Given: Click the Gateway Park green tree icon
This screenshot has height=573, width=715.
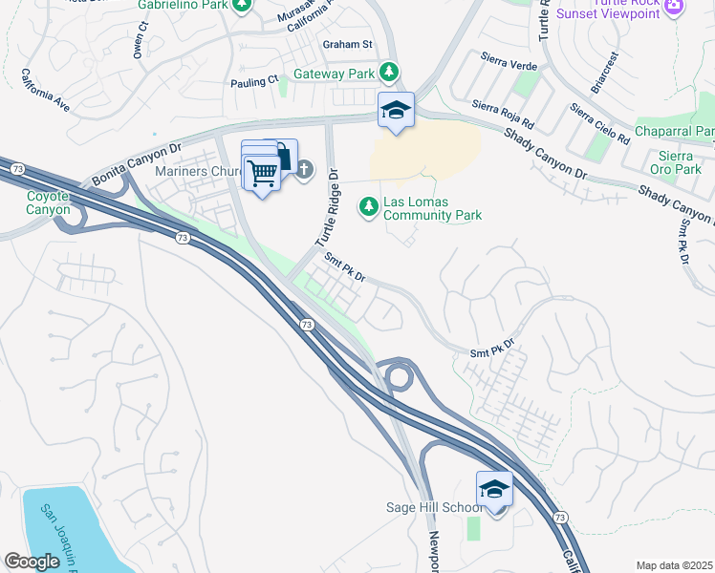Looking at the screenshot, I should pyautogui.click(x=389, y=73).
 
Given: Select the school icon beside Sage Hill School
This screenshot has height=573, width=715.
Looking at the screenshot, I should pyautogui.click(x=494, y=489).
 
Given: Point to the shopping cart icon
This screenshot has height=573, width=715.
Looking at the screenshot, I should pyautogui.click(x=261, y=173).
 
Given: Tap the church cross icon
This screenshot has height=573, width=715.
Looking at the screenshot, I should pyautogui.click(x=304, y=170).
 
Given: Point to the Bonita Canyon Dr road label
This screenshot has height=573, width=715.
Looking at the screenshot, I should pyautogui.click(x=136, y=165).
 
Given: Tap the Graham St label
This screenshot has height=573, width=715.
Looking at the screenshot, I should pyautogui.click(x=346, y=44).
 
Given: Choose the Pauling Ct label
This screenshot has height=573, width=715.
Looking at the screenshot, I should pyautogui.click(x=253, y=82).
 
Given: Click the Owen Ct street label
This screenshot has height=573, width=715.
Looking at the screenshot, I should pyautogui.click(x=141, y=40).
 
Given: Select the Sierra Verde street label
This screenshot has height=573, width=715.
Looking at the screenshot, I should pyautogui.click(x=510, y=68).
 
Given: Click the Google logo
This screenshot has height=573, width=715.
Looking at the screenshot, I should pyautogui.click(x=32, y=562).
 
